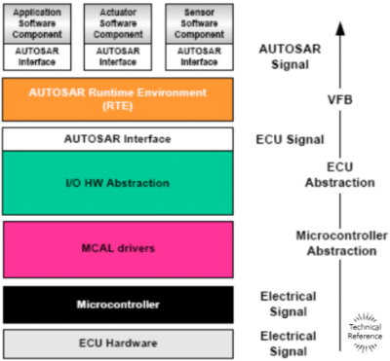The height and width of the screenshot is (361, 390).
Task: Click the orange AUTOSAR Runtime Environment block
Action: click(117, 99)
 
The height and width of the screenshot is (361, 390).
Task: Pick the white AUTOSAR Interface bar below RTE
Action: click(117, 139)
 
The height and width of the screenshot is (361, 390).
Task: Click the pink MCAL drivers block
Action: click(117, 248)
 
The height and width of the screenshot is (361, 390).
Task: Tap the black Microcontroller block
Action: click(117, 305)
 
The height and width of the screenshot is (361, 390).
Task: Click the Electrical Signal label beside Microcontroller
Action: click(290, 304)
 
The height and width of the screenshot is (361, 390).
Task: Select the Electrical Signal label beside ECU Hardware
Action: click(290, 342)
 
